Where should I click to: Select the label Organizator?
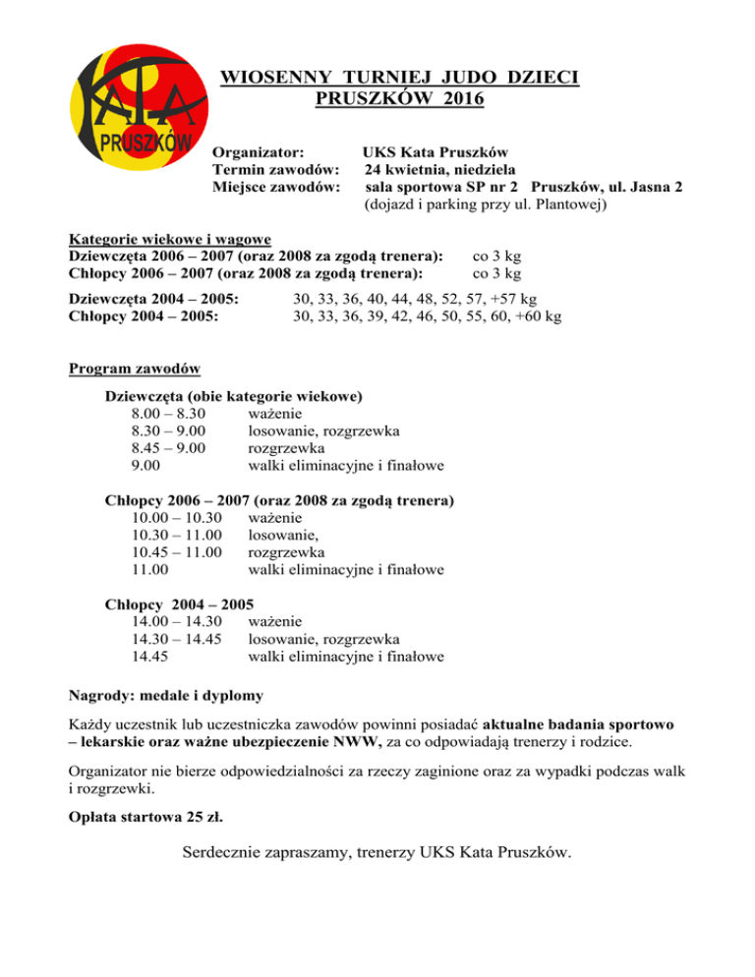click(x=257, y=152)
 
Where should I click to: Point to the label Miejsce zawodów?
click(x=276, y=187)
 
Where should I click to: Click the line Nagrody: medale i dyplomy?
click(x=165, y=696)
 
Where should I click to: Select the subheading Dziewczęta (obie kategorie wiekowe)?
click(x=234, y=396)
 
